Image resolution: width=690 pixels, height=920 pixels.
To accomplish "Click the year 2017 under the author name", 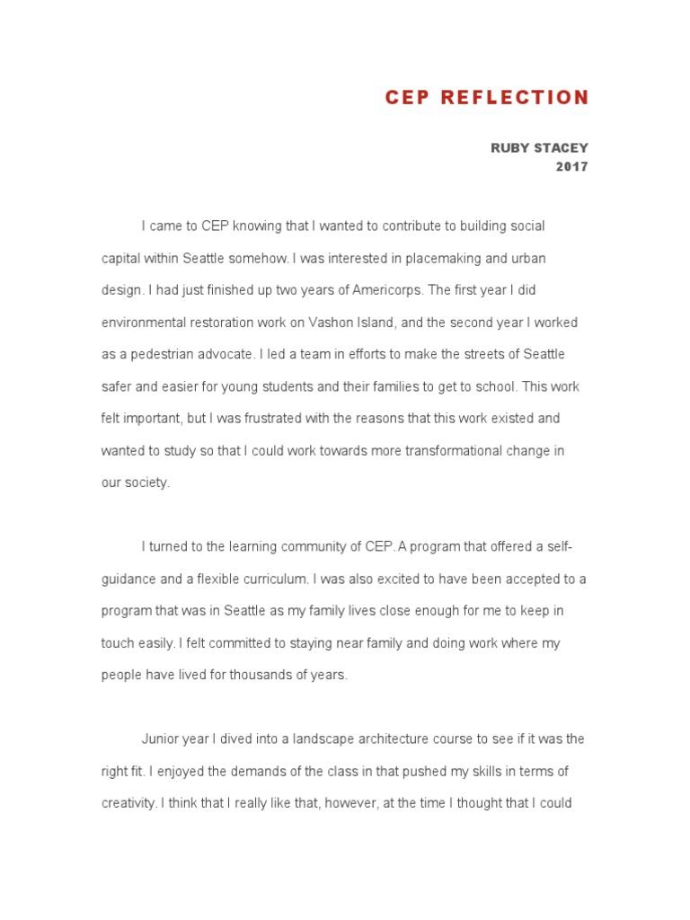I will tap(572, 166).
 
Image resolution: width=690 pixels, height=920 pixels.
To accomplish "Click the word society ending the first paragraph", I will tap(147, 482).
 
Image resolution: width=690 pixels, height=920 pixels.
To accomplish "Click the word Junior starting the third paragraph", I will tap(161, 739).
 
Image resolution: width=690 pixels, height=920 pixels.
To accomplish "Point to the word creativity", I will tap(128, 804).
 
